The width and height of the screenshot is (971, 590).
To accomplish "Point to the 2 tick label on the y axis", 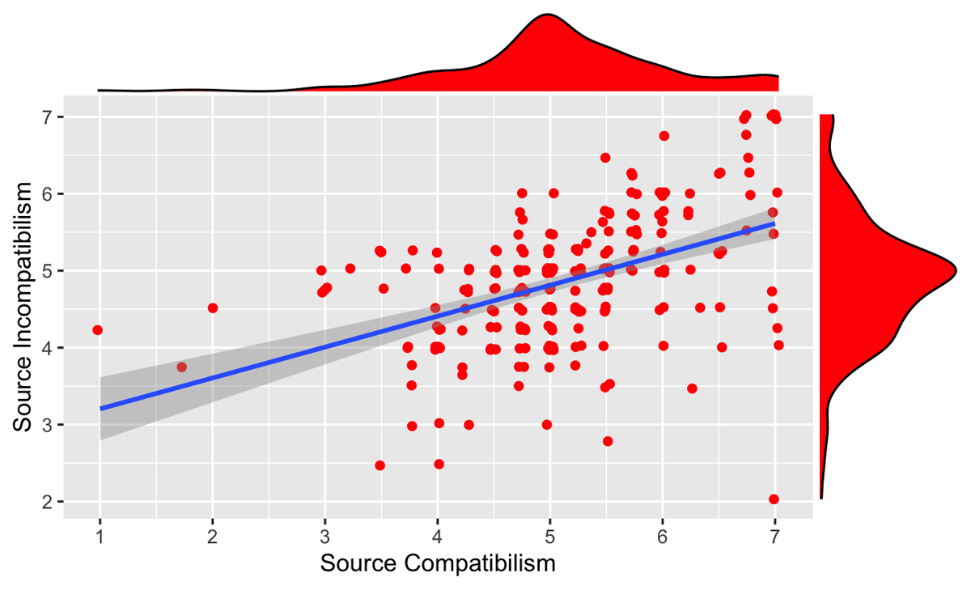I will click(x=48, y=502).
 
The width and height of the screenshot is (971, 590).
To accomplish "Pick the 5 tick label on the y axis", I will click(x=48, y=270).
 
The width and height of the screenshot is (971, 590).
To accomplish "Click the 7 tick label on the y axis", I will click(x=48, y=117).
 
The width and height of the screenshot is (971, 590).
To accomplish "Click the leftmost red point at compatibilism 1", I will click(x=98, y=330).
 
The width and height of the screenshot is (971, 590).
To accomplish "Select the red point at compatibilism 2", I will click(x=213, y=308).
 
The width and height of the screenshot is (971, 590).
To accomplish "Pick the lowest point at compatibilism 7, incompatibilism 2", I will click(x=774, y=499).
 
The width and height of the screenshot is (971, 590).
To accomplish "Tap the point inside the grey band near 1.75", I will click(x=182, y=367).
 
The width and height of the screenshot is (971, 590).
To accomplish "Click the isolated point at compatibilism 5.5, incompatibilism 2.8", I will click(x=608, y=441).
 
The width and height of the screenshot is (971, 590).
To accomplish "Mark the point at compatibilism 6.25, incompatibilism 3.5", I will click(x=692, y=388).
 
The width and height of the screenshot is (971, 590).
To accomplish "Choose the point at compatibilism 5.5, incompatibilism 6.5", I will click(x=605, y=158).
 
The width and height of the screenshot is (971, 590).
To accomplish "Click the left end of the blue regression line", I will click(x=100, y=409).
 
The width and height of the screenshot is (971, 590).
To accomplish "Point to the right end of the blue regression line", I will click(x=774, y=223).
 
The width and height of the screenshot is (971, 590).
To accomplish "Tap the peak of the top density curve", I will click(x=549, y=15).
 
